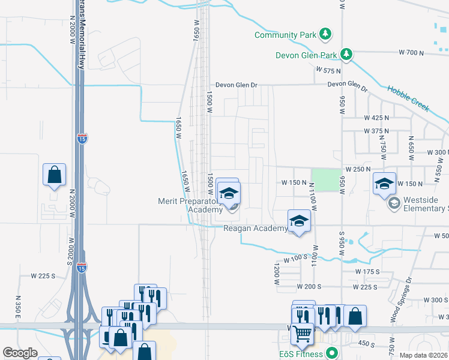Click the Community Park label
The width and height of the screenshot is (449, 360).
pos(285,35)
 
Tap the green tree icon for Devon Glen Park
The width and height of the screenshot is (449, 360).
pos(346,55)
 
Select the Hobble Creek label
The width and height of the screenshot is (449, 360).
pos(408,99)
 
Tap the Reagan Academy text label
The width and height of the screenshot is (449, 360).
pos(255,228)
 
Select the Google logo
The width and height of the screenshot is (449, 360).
pos(20,353)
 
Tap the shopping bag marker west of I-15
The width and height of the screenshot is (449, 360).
pos(54,175)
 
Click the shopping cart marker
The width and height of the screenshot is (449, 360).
pos(303,333)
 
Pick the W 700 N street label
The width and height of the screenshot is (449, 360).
pos(411,53)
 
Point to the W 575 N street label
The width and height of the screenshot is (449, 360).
pos(328,71)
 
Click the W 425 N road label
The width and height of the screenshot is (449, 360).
pos(376,118)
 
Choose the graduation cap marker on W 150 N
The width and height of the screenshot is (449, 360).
pos(384,183)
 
